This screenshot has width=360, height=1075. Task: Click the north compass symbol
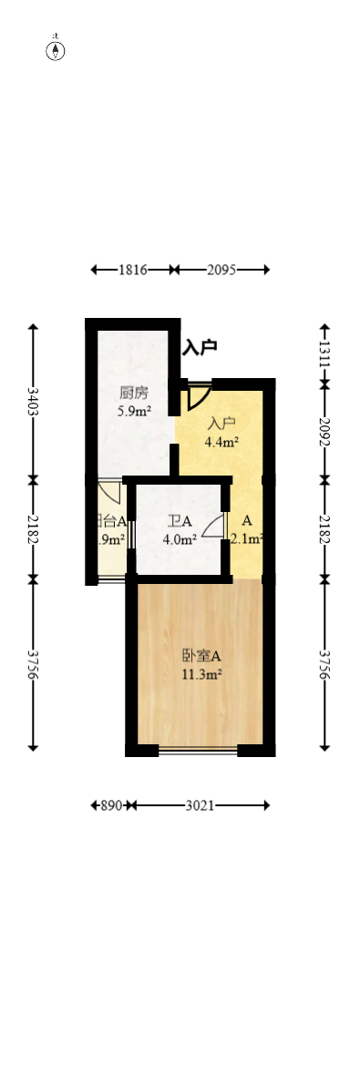coord(56,50)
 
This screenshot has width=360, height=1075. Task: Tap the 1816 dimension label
coord(132,270)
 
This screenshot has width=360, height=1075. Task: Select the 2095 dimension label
coord(221,270)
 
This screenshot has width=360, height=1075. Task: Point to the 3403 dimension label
coord(33,401)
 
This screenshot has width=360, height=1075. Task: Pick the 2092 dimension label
coord(325,430)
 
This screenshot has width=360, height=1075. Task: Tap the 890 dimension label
coord(111,805)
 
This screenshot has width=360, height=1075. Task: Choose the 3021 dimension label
coord(201,805)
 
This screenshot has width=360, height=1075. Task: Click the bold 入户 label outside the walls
coord(200,347)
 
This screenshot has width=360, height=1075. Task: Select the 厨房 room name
coord(133,394)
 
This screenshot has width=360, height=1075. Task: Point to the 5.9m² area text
coord(133,411)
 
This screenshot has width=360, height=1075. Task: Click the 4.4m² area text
coord(221,443)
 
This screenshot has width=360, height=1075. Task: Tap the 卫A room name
coord(180,522)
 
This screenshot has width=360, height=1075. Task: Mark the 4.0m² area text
coord(180,539)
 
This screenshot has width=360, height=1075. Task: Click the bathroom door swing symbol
coord(213,527)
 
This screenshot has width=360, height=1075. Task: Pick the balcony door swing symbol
coord(110,492)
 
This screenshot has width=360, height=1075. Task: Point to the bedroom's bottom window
coord(198,751)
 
